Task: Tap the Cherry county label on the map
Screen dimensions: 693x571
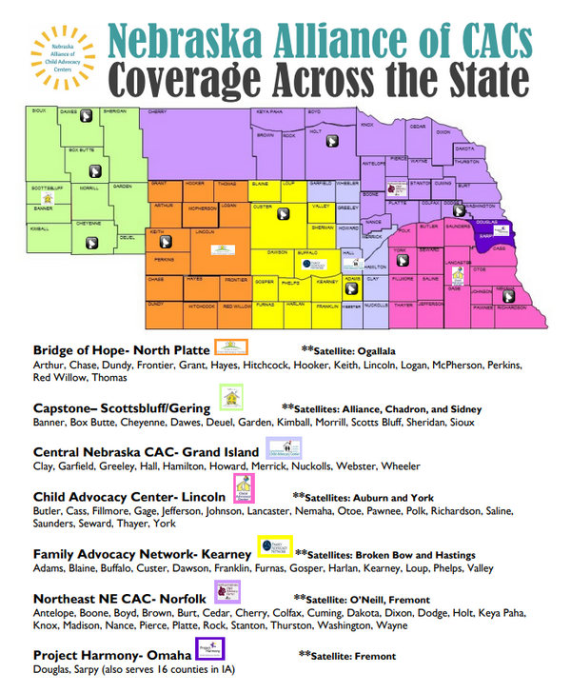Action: (158, 113)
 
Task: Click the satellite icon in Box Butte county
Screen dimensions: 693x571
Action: (95, 171)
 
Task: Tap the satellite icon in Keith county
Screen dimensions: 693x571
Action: (158, 243)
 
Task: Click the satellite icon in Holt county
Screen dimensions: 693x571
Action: (332, 140)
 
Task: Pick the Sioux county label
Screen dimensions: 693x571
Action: (38, 110)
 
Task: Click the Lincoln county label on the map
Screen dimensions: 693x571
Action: (204, 231)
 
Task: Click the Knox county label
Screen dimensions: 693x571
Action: (367, 124)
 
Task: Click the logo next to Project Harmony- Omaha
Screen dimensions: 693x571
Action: (209, 650)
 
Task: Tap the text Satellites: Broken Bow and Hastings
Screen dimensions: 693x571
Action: (385, 554)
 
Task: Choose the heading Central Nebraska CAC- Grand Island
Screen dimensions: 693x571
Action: (146, 451)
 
